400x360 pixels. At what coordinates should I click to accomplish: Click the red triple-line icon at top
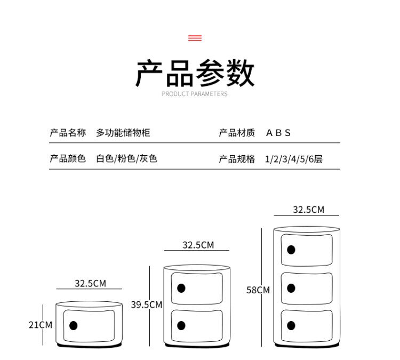click(x=195, y=38)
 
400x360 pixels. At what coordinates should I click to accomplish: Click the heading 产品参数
click(x=195, y=74)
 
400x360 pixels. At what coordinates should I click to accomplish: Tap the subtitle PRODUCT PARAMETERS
click(x=195, y=94)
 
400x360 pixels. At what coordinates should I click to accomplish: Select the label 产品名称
click(x=68, y=133)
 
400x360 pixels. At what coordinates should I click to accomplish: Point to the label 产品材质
click(x=237, y=133)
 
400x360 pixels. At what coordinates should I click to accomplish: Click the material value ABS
click(x=278, y=133)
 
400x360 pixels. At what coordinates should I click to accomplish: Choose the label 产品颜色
click(x=68, y=158)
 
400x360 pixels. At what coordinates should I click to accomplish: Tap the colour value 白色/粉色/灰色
click(x=126, y=158)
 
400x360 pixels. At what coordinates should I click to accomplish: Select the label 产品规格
click(x=237, y=158)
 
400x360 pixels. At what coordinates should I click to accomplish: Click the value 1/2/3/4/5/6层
click(x=294, y=158)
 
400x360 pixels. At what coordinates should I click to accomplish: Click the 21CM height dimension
click(x=41, y=325)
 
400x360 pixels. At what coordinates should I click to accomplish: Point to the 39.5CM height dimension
click(x=146, y=305)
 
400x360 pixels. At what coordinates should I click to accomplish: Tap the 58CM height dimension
click(x=258, y=290)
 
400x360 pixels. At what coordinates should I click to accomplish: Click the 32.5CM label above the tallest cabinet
click(x=308, y=210)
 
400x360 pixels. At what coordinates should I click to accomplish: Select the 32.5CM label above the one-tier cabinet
click(x=90, y=283)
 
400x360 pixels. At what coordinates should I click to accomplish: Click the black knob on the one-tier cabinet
click(x=74, y=325)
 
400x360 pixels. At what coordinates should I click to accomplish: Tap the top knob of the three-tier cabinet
click(x=291, y=250)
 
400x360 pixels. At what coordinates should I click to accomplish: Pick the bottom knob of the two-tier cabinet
click(x=181, y=325)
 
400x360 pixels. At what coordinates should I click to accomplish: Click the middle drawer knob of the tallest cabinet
click(x=291, y=288)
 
